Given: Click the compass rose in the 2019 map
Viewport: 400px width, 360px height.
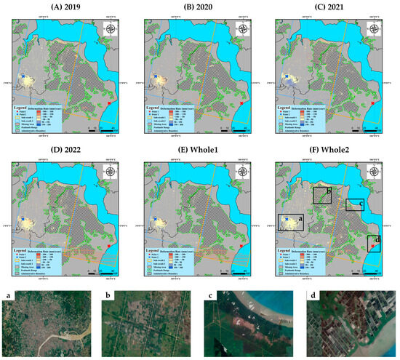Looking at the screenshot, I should pyautogui.click(x=113, y=29).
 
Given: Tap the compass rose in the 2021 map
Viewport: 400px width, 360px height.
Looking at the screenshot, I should pyautogui.click(x=378, y=29).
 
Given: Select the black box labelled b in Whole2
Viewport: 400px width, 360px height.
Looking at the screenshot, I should pyautogui.click(x=321, y=194).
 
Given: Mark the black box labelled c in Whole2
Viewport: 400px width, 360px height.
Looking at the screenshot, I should pyautogui.click(x=354, y=204).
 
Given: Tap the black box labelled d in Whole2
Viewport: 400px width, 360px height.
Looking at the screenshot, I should pyautogui.click(x=374, y=244).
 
